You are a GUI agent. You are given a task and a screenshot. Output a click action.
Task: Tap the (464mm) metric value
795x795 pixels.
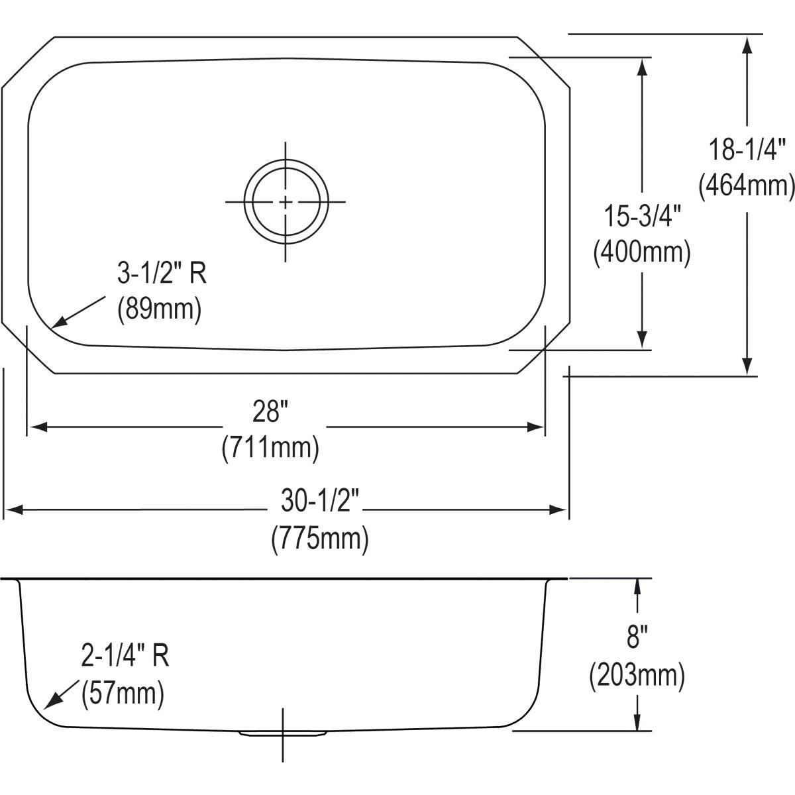(747, 186)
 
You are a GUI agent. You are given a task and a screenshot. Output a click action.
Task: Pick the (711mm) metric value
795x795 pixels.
(270, 448)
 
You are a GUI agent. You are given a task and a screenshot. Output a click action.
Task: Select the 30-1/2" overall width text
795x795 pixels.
(320, 502)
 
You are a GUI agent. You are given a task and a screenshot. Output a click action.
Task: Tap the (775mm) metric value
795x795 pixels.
(320, 538)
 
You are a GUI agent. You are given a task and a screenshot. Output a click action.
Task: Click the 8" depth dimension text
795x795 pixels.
(637, 639)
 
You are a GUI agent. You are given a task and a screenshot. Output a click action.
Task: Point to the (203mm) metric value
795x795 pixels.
(637, 675)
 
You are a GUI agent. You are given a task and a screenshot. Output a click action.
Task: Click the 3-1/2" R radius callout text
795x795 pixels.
(162, 274)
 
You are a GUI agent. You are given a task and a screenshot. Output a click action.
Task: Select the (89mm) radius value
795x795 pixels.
(159, 309)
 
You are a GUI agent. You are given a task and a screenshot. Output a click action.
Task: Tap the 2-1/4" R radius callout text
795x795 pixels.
(125, 656)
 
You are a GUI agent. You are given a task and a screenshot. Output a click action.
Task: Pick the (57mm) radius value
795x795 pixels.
(122, 694)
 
